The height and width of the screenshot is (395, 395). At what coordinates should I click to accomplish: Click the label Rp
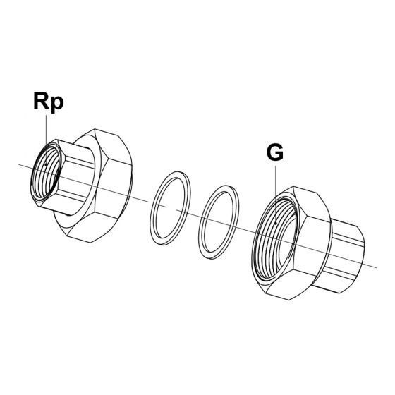(x=49, y=103)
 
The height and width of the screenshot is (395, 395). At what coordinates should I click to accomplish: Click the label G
(x=275, y=152)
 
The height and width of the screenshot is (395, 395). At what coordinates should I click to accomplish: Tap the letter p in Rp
(x=57, y=105)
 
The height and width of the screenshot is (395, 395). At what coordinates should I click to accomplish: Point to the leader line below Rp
(x=46, y=140)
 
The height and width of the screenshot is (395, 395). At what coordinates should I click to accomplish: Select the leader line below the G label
(x=276, y=194)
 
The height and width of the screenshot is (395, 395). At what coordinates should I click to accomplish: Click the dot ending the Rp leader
(x=46, y=165)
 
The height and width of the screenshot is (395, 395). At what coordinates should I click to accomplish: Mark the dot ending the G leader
(x=276, y=223)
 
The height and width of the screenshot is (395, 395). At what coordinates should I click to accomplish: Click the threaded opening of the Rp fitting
(x=47, y=172)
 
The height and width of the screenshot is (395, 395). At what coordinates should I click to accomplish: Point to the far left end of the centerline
(x=19, y=165)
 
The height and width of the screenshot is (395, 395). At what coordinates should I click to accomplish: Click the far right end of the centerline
(x=377, y=268)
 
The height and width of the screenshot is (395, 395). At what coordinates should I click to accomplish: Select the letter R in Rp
(x=42, y=101)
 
